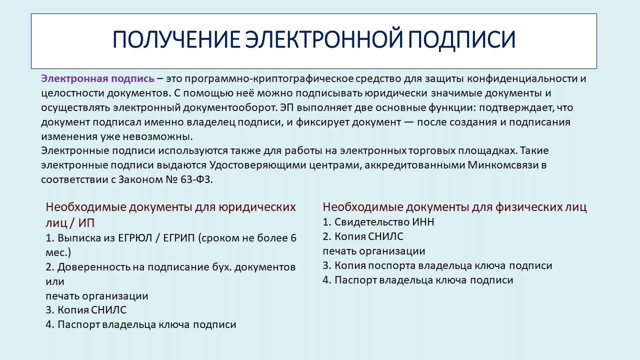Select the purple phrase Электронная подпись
[97, 78]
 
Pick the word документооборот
[229, 107]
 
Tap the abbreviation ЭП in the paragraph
[287, 107]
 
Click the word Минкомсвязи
[503, 165]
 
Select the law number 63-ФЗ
[196, 179]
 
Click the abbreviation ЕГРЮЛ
[135, 238]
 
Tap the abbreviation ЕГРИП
[179, 238]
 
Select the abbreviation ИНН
[423, 222]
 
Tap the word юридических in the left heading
[257, 207]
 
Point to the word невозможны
[157, 136]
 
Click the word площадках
[488, 150]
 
